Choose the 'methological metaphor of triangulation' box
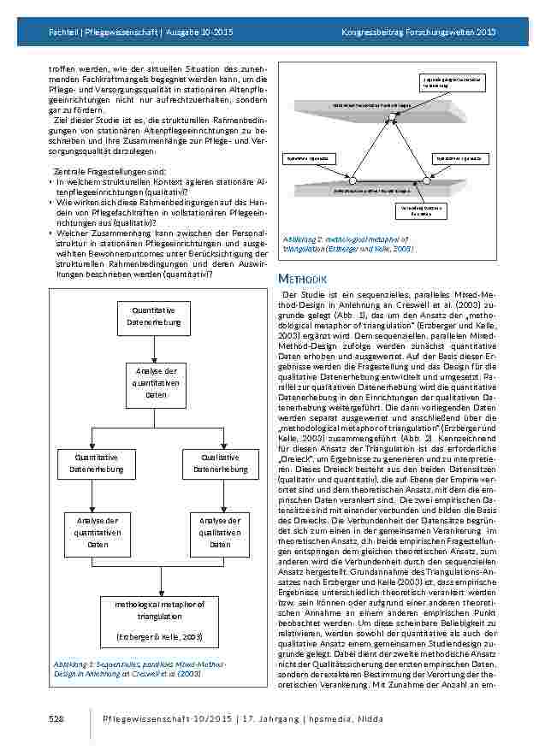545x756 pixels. (160, 620)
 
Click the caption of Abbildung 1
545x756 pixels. (128, 668)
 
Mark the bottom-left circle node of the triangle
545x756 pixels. (352, 180)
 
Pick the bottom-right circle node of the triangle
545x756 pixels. (426, 180)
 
